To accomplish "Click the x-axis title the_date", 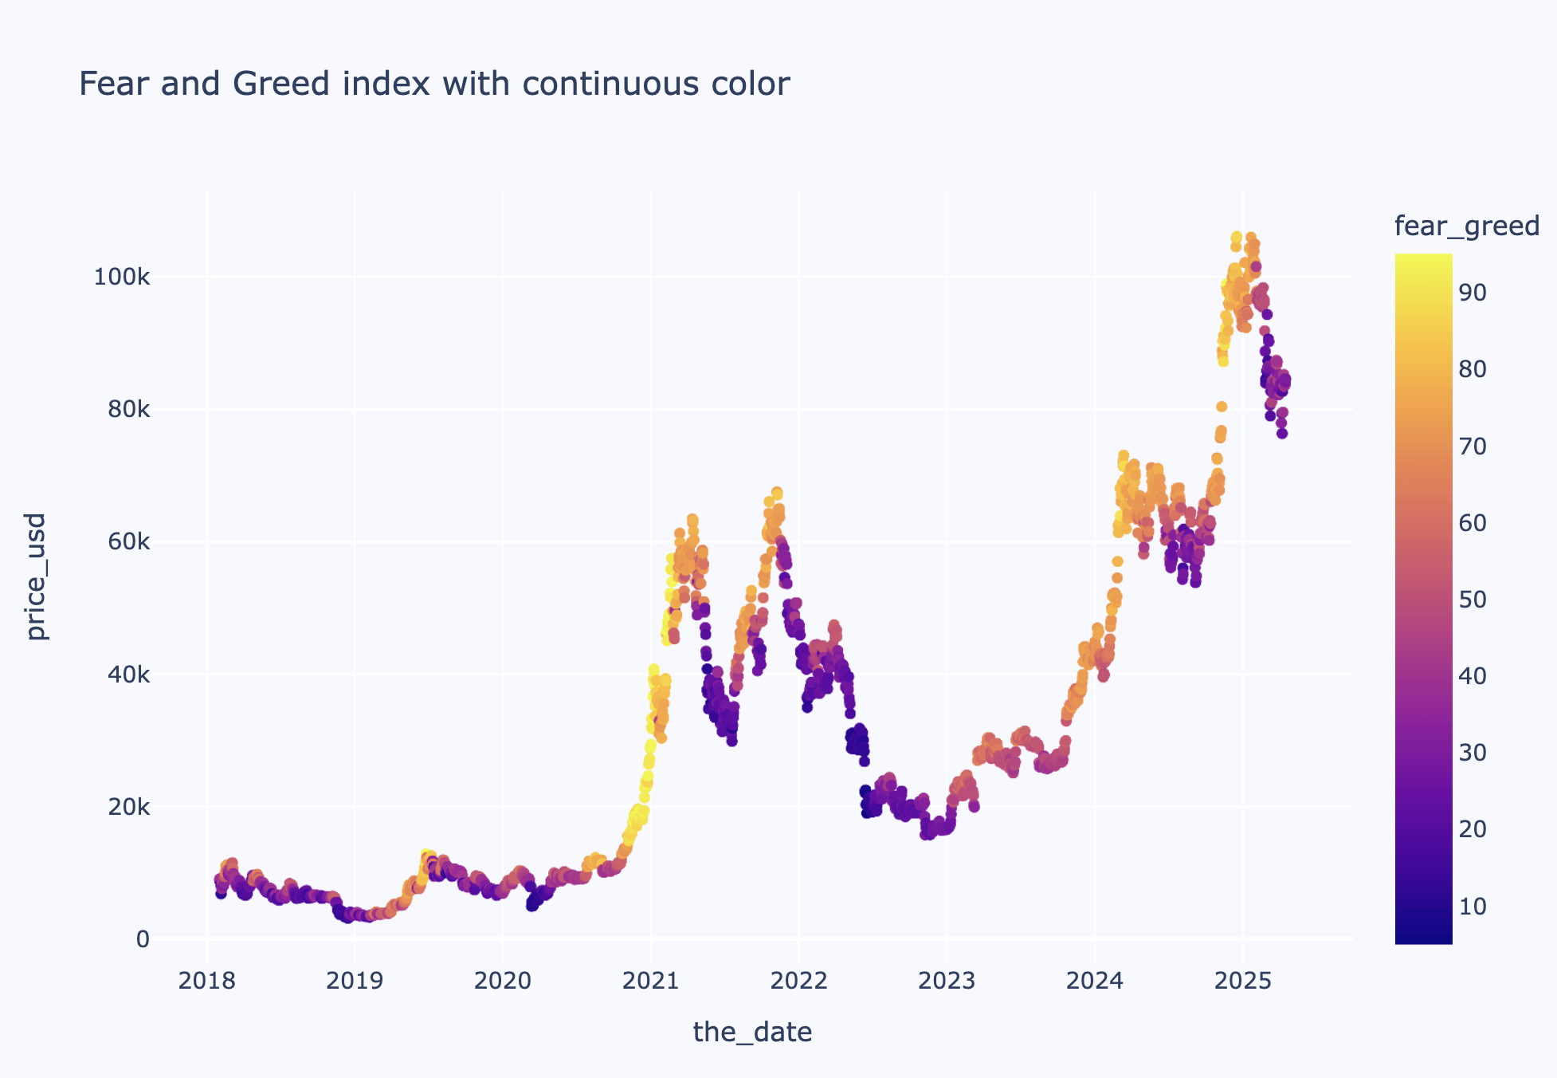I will point(752,1032).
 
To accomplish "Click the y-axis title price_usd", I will point(37,576).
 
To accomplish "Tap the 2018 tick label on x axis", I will point(206,982).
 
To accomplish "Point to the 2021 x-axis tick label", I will point(650,982).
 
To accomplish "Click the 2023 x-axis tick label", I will point(946,982).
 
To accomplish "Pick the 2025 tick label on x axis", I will point(1242,982).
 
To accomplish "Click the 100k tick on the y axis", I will point(121,277).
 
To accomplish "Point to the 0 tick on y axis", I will point(143,939).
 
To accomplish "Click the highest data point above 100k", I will point(1236,237).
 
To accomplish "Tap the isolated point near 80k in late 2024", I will point(1221,407).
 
